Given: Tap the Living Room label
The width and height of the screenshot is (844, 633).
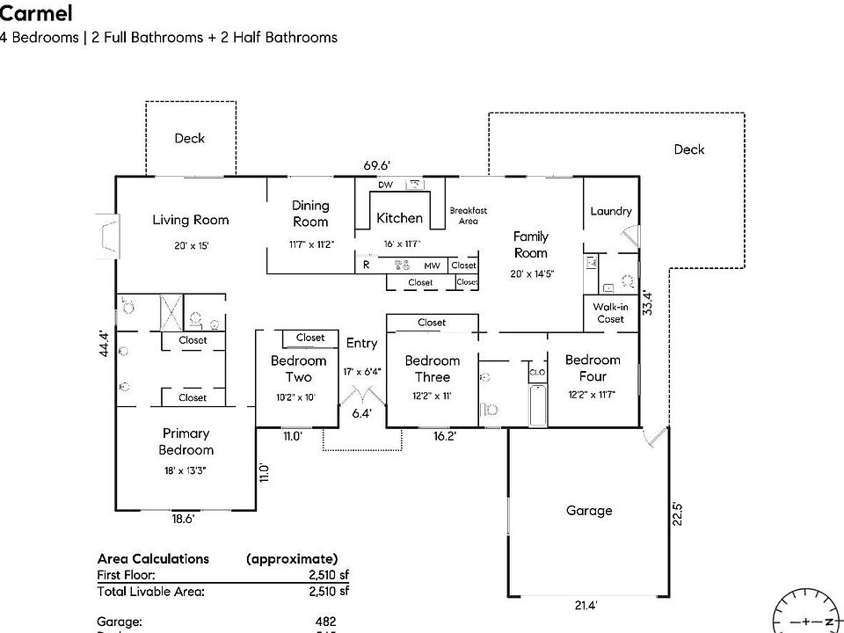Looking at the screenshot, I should click(190, 220).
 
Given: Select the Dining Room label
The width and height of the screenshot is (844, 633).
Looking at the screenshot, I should click(310, 214).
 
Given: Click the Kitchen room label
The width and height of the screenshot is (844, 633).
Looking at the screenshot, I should click(399, 218).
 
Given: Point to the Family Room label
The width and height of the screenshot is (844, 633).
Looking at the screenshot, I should click(530, 244).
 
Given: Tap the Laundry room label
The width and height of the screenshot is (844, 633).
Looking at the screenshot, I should click(611, 211).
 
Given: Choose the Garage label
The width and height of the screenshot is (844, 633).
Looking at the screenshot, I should click(588, 511).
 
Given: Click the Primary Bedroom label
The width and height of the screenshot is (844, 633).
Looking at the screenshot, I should click(186, 441).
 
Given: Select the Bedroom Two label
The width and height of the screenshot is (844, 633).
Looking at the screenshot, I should click(298, 368).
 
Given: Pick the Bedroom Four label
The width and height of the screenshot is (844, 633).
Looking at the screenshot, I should click(593, 367).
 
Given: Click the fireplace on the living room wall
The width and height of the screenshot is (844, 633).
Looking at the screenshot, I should click(106, 236).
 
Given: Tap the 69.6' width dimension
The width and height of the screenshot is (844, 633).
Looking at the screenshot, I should click(377, 165).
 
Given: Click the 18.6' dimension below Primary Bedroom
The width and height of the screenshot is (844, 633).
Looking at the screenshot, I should click(182, 520).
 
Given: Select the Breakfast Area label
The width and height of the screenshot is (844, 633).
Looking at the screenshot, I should click(468, 215).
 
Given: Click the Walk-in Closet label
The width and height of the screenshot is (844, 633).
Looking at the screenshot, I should click(611, 313).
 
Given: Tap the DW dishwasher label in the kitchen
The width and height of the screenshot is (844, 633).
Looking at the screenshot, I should click(385, 185).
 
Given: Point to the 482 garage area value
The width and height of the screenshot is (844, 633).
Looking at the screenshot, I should click(325, 622).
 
